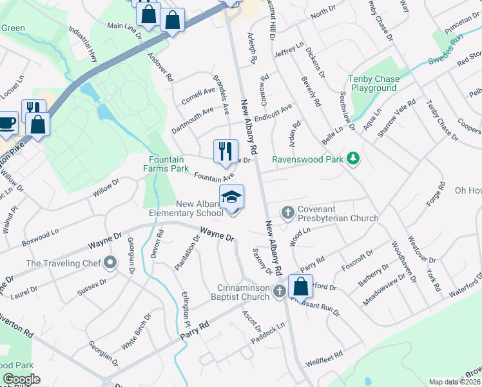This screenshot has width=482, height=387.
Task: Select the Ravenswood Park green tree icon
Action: [352, 158]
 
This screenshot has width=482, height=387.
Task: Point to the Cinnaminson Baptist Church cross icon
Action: [279, 292]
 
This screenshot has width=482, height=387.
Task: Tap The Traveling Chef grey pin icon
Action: [110, 263]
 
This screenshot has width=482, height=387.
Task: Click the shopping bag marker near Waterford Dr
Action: [300, 285]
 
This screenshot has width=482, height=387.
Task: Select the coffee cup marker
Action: [8, 121]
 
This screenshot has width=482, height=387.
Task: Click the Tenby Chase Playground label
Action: [373, 83]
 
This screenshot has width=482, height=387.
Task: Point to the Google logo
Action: [21, 379]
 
